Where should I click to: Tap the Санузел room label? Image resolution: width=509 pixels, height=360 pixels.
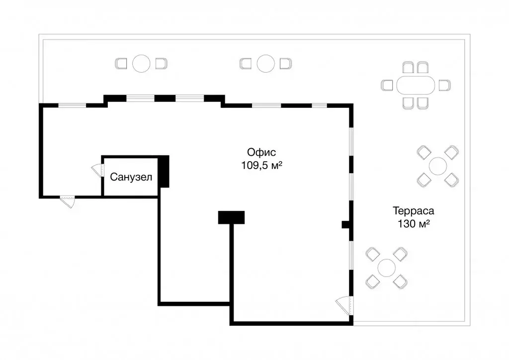(x=131, y=177)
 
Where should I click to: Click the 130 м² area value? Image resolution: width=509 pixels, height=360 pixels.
(x=414, y=224)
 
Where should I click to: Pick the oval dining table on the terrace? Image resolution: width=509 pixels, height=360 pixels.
(x=415, y=85)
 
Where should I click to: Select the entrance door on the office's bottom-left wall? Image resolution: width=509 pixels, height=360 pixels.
(x=67, y=201)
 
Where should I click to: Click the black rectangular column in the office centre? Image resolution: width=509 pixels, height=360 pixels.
(x=231, y=217)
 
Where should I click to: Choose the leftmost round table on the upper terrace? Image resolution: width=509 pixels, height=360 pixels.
(x=141, y=64)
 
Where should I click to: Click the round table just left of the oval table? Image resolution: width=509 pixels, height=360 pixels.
(x=265, y=64)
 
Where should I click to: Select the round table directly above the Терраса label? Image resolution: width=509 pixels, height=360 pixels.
(x=438, y=166)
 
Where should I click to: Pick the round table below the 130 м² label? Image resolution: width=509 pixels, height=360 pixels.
(x=386, y=268)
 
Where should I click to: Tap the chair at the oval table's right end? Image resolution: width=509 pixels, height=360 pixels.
(x=444, y=85)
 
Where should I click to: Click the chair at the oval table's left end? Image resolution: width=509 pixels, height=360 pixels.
(x=387, y=85)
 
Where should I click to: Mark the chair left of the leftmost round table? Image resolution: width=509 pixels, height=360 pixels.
(x=122, y=64)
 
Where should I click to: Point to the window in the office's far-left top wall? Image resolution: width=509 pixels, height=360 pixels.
(x=74, y=105)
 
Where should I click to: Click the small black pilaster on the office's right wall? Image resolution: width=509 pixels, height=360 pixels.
(x=346, y=224)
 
